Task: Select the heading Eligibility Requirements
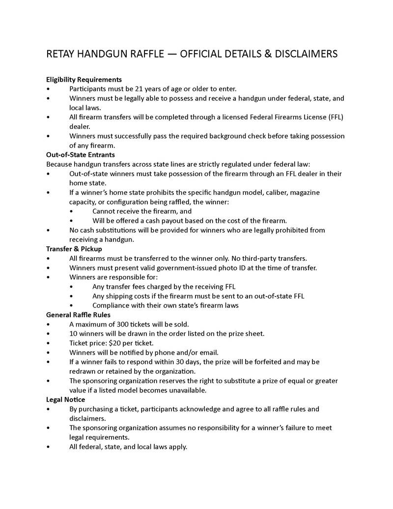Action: [84, 79]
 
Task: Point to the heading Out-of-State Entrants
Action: [81, 155]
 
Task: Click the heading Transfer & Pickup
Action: [74, 249]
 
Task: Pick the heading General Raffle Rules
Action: [78, 315]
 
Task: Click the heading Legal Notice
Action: [65, 399]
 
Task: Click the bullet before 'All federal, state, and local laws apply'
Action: [48, 447]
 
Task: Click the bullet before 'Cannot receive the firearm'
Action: [72, 211]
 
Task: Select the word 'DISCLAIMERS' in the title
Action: [308, 54]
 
